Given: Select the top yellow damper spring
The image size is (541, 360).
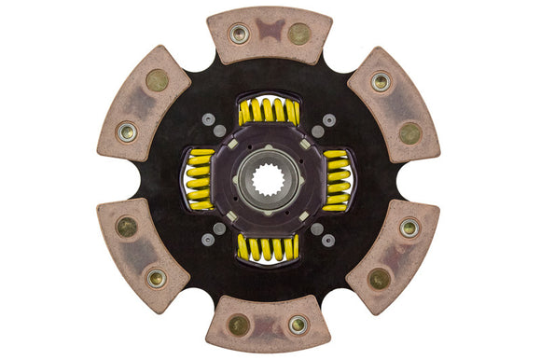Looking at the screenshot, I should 268,112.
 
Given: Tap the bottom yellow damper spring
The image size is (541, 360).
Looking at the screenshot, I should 268,247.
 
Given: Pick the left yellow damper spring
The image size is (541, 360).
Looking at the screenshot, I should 200,179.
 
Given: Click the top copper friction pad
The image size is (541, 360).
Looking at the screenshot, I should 269,35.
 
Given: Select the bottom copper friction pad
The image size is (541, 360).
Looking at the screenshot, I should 268,324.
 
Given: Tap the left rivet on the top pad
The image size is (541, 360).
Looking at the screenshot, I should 240,34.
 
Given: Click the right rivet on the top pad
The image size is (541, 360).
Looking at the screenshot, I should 298,34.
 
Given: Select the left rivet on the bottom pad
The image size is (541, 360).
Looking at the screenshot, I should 239,325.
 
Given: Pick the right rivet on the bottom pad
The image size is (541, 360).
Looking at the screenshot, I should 298,325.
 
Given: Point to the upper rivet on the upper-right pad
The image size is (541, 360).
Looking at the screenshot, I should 381,82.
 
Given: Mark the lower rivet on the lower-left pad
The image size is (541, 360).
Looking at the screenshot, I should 156,277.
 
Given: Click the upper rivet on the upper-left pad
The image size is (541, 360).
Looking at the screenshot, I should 157,81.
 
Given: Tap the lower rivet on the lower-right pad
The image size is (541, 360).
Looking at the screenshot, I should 379,278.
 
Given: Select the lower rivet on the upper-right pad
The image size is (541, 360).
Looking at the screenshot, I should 409,132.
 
